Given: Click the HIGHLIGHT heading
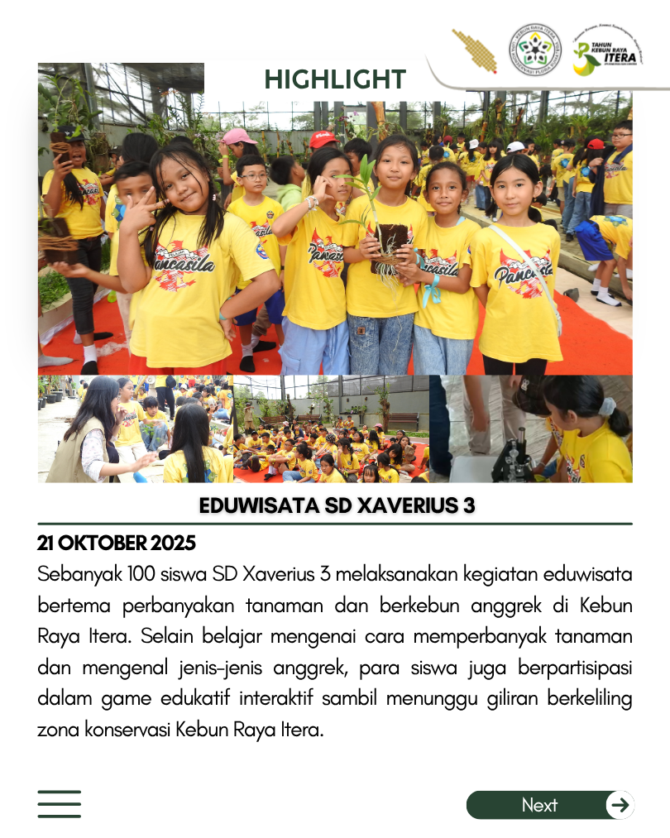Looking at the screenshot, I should [335, 79].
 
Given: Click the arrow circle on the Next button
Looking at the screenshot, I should [620, 805].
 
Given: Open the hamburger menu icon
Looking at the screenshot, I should [59, 804].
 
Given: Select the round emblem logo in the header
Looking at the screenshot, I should [534, 50].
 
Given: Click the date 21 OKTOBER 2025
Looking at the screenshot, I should [117, 544].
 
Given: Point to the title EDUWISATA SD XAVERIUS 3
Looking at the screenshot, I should [337, 505].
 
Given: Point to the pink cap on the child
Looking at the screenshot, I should [238, 136].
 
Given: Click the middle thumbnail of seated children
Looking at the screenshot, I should [331, 429].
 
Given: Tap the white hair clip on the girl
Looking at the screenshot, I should [607, 407].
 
